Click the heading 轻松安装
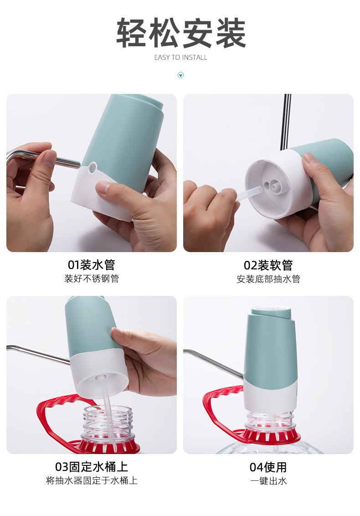(181, 34)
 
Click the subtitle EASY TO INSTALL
(180, 57)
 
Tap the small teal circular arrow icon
(180, 75)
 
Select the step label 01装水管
(91, 265)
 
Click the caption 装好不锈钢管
(91, 279)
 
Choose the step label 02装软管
(268, 265)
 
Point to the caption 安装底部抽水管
(268, 279)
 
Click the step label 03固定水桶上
(91, 467)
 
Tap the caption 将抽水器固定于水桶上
(91, 480)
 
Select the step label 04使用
(268, 467)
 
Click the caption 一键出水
(268, 480)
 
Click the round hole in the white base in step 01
(93, 167)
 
